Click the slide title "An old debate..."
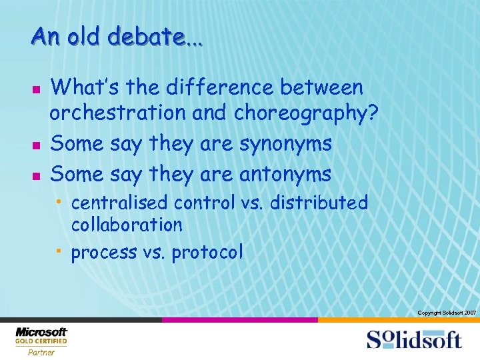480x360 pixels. tap(117, 37)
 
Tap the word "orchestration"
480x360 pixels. tap(118, 115)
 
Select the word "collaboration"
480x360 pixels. tap(127, 225)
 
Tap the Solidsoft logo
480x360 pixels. tap(413, 339)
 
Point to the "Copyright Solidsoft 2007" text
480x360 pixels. tap(446, 313)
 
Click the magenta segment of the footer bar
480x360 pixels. tap(239, 320)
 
